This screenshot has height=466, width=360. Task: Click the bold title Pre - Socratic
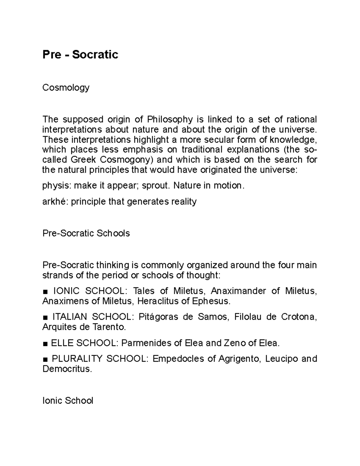point(80,55)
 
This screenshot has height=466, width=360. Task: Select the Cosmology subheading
point(66,87)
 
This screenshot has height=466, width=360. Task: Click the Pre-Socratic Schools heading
point(86,233)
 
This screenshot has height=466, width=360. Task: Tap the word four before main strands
point(283,265)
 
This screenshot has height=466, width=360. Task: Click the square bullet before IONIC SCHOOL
point(45,291)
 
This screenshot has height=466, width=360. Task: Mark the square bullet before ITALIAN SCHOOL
point(45,317)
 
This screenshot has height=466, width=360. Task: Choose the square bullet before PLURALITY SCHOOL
point(45,359)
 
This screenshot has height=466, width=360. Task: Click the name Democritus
point(66,369)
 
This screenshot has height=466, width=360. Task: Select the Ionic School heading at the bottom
point(68,401)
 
